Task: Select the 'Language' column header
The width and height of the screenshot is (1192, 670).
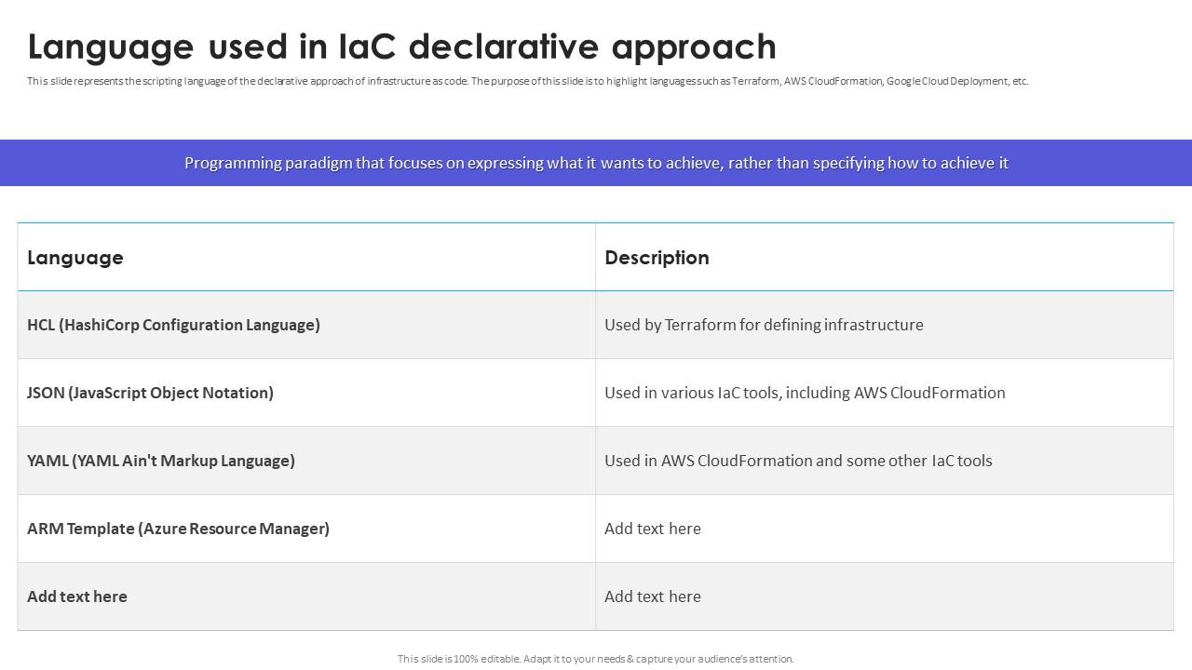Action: tap(75, 258)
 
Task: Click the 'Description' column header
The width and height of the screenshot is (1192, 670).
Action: tap(657, 258)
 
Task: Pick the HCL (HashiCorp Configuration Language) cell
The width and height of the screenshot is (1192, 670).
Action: tap(173, 325)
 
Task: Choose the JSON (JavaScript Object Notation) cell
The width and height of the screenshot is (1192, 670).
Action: tap(150, 393)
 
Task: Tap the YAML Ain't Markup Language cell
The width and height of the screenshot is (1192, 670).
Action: tap(161, 461)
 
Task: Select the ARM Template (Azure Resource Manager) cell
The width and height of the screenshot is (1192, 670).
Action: tap(178, 529)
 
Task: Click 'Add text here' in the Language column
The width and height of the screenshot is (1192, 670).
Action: tap(77, 596)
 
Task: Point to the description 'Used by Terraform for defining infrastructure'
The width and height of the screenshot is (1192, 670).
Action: tap(764, 325)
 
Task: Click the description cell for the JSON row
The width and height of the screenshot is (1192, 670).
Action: tap(805, 393)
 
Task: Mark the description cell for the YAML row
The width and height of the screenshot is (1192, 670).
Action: tap(798, 461)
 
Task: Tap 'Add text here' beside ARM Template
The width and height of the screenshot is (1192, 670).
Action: tap(653, 529)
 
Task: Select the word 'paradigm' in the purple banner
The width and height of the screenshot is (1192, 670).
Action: tap(320, 163)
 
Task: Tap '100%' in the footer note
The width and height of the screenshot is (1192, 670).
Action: tap(467, 659)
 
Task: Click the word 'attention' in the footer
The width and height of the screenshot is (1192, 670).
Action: tap(771, 659)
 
